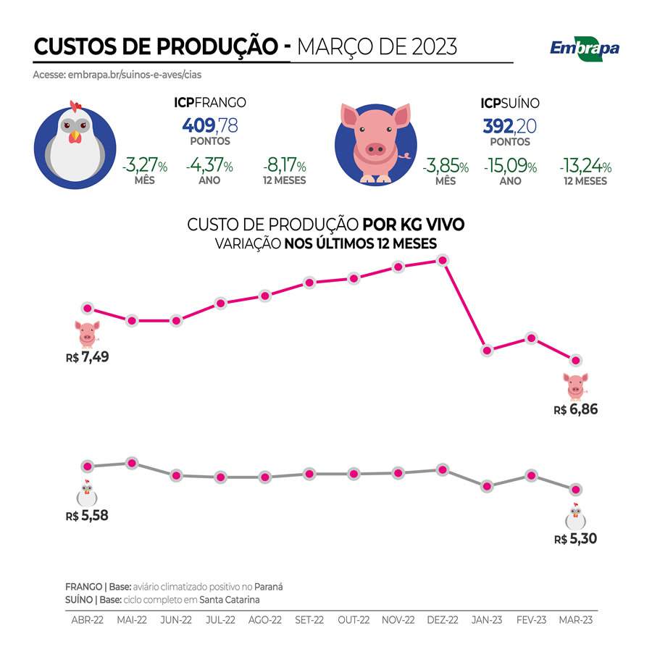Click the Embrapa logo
point(584,48)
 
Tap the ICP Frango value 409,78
point(209,125)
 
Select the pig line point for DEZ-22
point(443,261)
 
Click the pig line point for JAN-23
point(487,351)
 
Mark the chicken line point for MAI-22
point(132,463)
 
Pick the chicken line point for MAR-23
point(576,490)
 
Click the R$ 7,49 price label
point(86,357)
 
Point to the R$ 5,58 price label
point(86,516)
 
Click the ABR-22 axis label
point(87,620)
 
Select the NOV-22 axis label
point(398,620)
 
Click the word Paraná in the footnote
point(267,586)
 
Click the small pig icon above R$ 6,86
point(576,386)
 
